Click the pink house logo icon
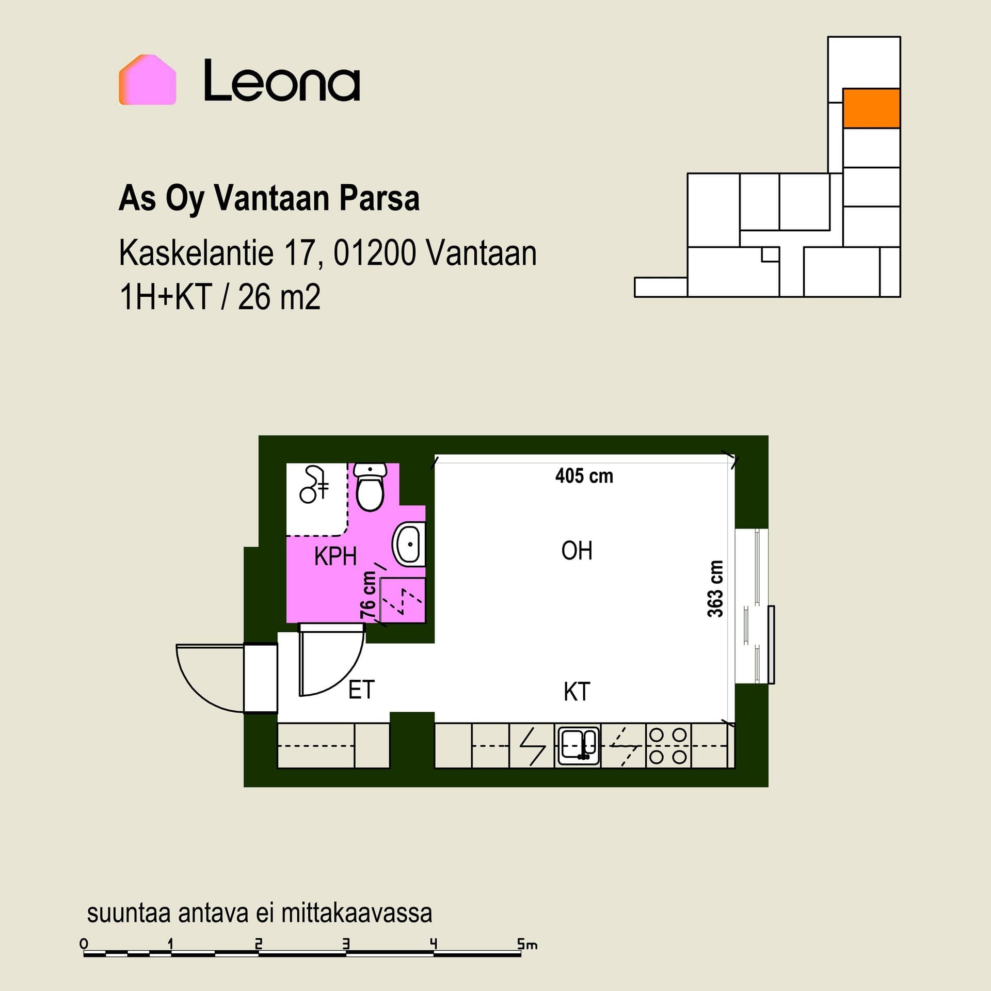[148, 80]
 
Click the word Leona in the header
[282, 81]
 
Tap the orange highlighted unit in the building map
[871, 108]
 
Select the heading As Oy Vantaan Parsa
[269, 199]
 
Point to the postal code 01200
[374, 253]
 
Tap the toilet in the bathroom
[370, 486]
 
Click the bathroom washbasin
[409, 544]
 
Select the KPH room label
[335, 556]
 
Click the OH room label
[577, 551]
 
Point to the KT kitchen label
[577, 692]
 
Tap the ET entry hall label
[361, 690]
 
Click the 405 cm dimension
[584, 476]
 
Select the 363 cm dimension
[715, 588]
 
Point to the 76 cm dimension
[368, 595]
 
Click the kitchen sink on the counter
[578, 746]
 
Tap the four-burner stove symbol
[668, 746]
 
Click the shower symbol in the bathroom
[314, 484]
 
